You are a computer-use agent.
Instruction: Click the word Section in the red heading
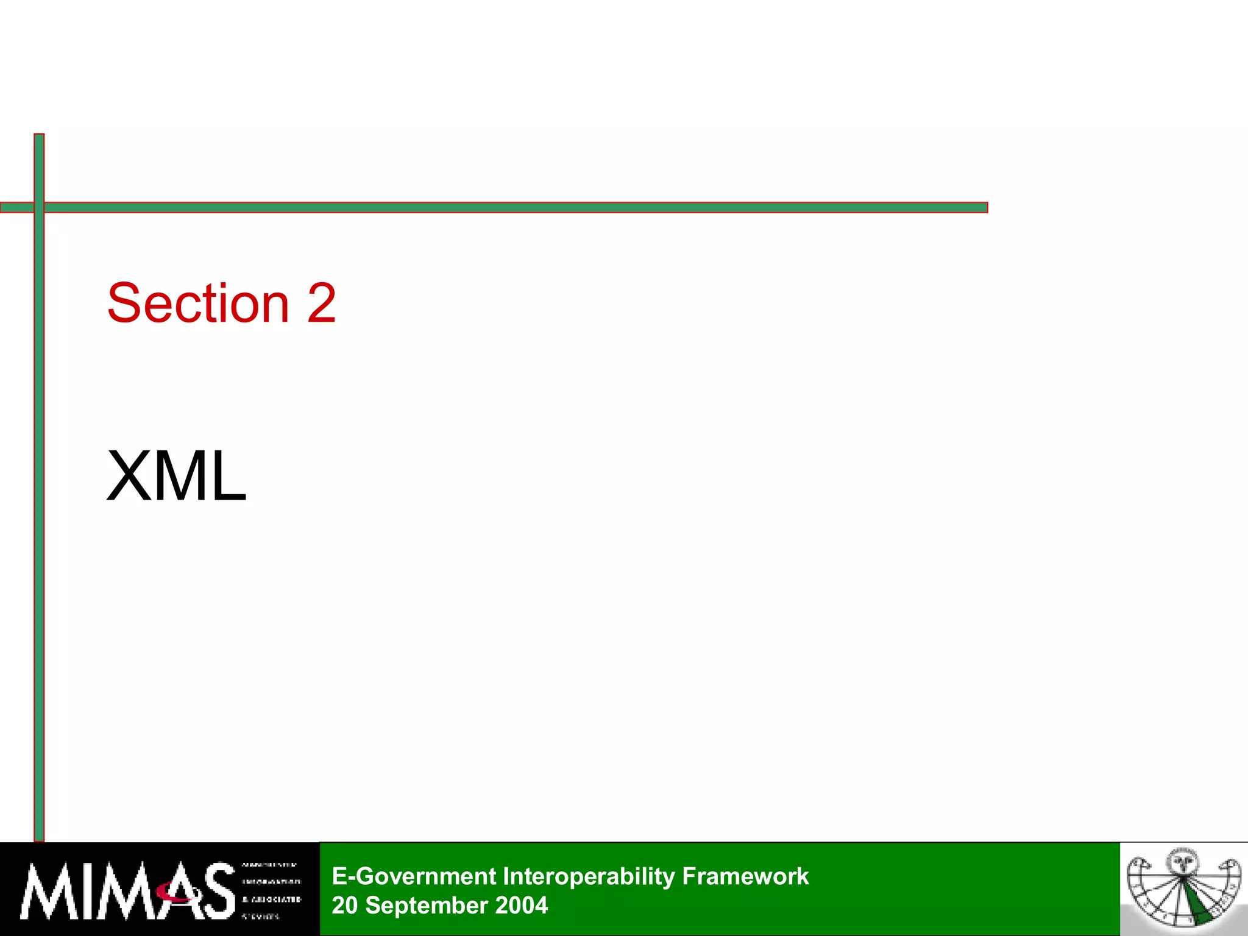[x=198, y=303]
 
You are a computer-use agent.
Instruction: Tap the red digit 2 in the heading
[x=322, y=303]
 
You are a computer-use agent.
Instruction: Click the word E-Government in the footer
[x=414, y=876]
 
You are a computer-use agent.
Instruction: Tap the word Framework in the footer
[x=745, y=876]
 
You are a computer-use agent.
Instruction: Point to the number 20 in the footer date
[x=344, y=906]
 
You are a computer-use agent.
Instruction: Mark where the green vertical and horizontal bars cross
[x=39, y=208]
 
